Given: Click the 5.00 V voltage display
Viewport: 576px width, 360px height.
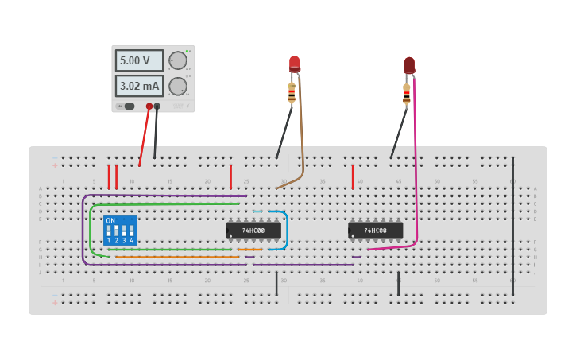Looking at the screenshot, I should pyautogui.click(x=139, y=60).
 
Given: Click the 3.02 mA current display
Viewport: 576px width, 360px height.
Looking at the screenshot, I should pyautogui.click(x=139, y=86).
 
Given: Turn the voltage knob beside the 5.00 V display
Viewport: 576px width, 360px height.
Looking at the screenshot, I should pyautogui.click(x=178, y=60).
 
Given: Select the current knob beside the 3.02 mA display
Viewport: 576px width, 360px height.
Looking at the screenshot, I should pyautogui.click(x=178, y=86).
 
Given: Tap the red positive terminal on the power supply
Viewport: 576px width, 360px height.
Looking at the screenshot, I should pyautogui.click(x=149, y=106).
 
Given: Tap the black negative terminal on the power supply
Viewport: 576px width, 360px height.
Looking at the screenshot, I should pyautogui.click(x=157, y=106).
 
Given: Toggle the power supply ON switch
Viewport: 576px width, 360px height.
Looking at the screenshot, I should pyautogui.click(x=127, y=106).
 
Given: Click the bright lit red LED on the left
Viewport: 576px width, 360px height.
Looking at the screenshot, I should pyautogui.click(x=295, y=64).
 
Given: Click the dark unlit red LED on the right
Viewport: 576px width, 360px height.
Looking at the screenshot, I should pyautogui.click(x=409, y=64).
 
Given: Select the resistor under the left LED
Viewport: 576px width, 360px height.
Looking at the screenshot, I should pyautogui.click(x=292, y=93).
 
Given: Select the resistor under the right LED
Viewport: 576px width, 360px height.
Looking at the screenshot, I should pyautogui.click(x=406, y=94).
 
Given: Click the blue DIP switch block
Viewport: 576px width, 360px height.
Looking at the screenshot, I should pyautogui.click(x=120, y=230).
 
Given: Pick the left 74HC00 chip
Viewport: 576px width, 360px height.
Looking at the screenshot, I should pyautogui.click(x=253, y=230).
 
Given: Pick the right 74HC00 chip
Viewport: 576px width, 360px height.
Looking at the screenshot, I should pyautogui.click(x=375, y=230).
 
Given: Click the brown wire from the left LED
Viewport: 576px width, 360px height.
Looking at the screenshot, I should pyautogui.click(x=301, y=135).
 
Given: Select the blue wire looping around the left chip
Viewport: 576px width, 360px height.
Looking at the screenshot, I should pyautogui.click(x=285, y=230).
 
